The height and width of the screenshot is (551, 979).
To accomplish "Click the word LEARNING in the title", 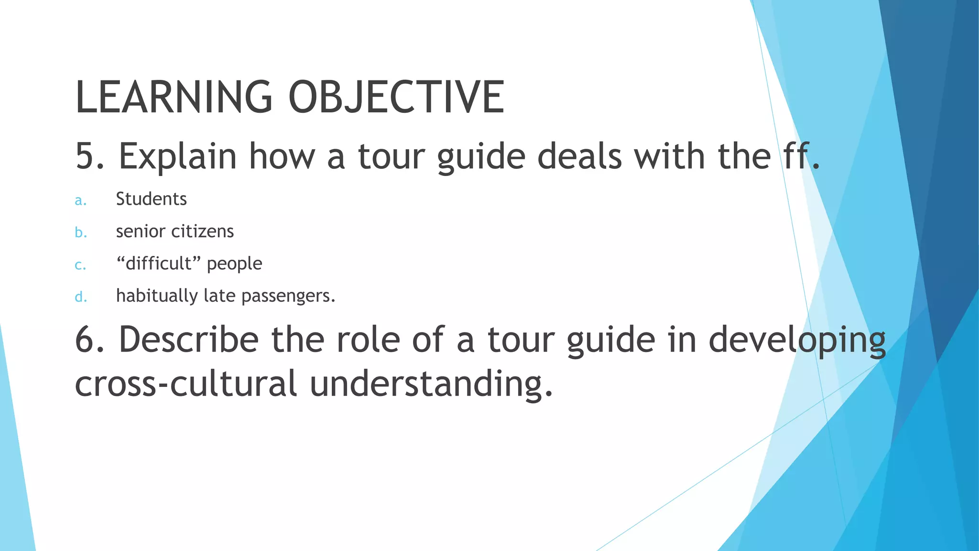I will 174,97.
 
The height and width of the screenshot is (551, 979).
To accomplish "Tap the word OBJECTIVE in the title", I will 396,97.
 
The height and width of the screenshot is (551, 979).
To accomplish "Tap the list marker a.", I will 81,200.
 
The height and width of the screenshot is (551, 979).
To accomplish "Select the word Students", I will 151,199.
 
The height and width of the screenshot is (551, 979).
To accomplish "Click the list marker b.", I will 81,232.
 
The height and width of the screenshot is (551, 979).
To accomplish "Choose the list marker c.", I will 81,265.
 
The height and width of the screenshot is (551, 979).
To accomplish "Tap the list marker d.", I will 81,297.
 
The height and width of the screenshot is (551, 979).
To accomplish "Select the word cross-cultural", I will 186,384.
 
